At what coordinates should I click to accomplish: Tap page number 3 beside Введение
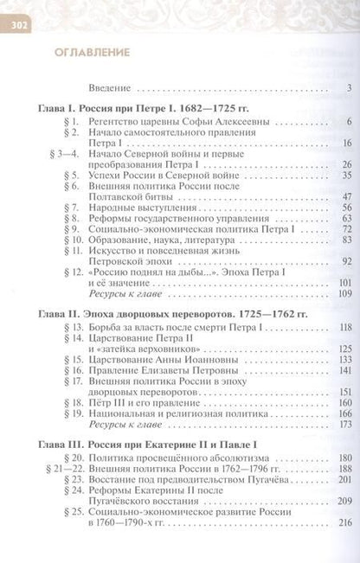pos(347,87)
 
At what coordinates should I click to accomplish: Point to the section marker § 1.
pos(74,122)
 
